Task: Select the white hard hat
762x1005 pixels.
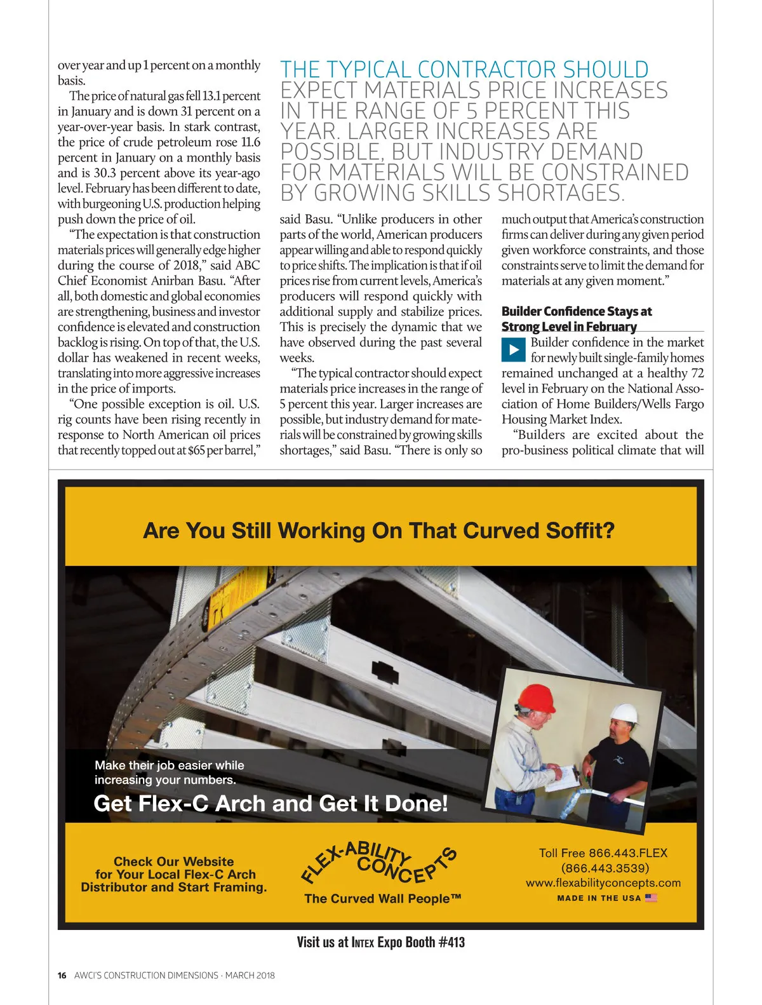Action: (624, 713)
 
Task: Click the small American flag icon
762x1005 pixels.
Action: (651, 898)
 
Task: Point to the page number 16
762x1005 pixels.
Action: (62, 975)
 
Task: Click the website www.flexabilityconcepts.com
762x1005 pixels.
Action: (603, 883)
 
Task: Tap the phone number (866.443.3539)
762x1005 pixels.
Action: (605, 868)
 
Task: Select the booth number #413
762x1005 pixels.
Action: (451, 942)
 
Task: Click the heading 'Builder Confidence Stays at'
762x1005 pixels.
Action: (577, 311)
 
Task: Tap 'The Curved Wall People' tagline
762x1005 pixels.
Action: (382, 898)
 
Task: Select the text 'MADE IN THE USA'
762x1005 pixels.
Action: (599, 898)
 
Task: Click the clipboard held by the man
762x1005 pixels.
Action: (562, 779)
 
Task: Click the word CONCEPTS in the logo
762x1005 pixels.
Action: (406, 865)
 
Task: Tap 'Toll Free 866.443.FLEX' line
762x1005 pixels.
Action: (603, 853)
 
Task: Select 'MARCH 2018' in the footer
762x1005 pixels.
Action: (250, 975)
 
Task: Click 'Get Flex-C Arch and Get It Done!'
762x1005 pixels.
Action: (271, 804)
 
